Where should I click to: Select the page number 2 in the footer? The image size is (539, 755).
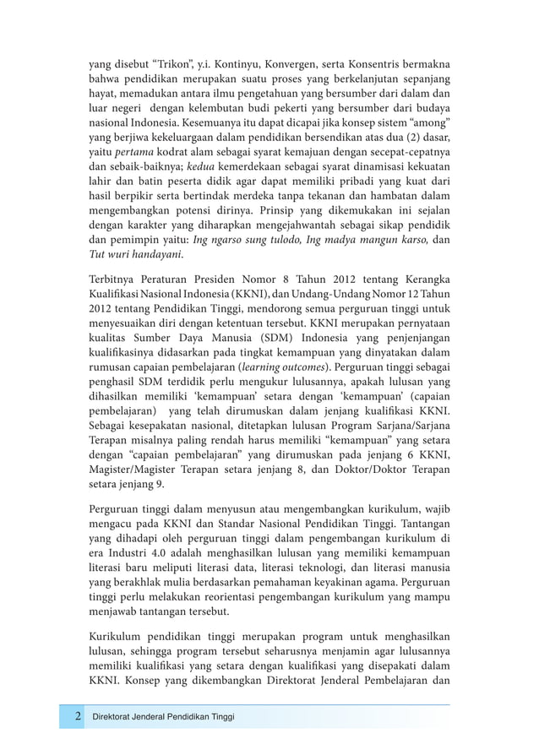click(x=75, y=716)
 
